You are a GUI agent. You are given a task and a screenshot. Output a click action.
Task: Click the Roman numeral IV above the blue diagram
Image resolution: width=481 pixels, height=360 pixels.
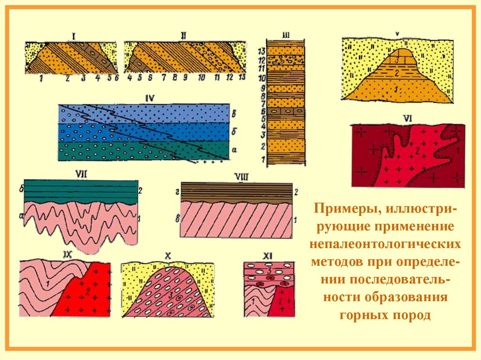tap(150, 98)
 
